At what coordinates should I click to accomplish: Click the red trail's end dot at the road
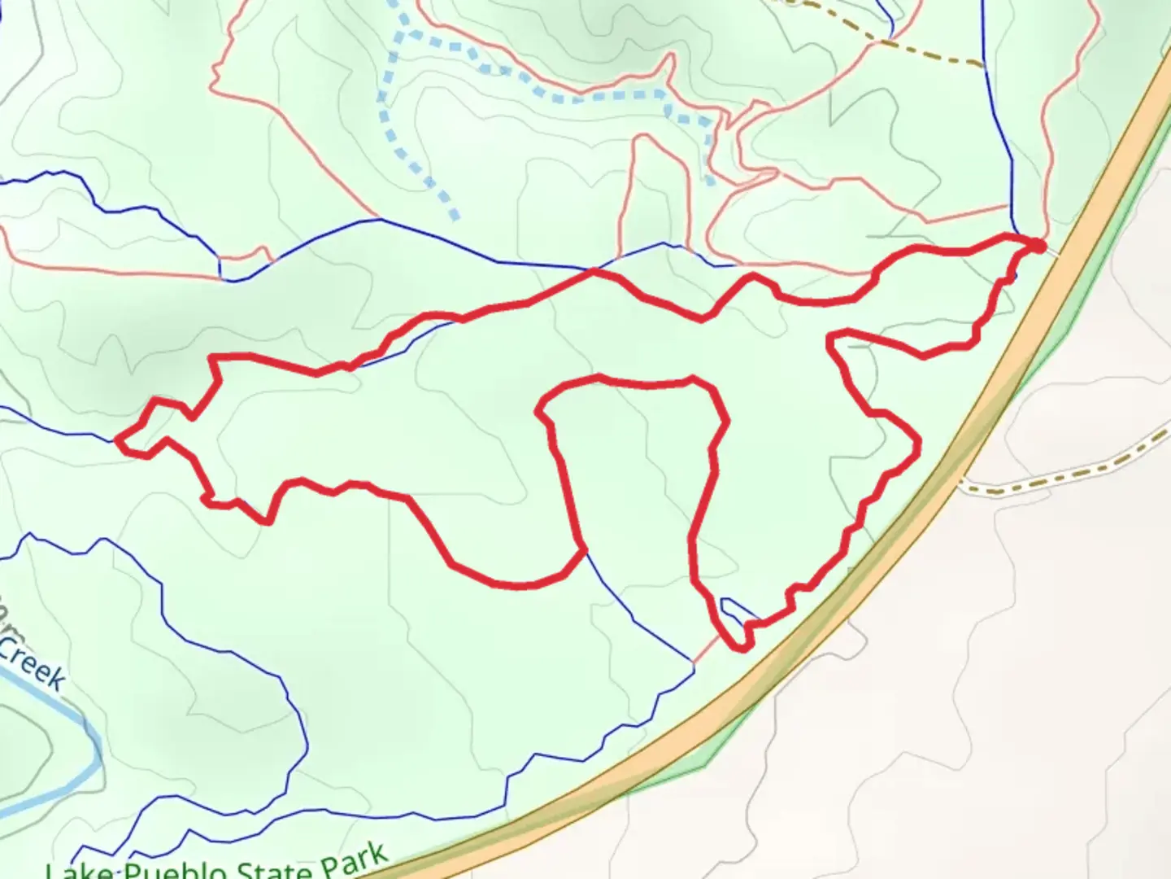1038,245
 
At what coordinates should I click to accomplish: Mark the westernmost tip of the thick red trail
119,440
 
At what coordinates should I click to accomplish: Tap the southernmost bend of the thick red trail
740,648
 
